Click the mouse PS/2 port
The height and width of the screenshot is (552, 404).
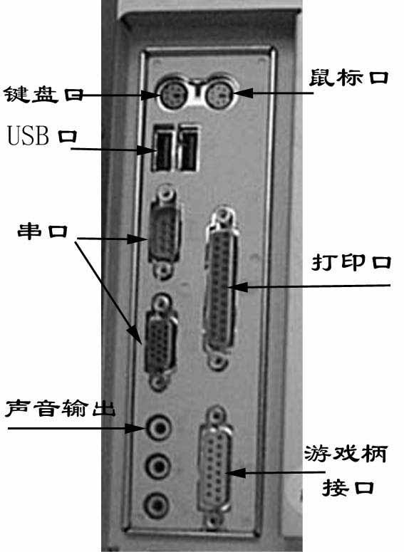pyautogui.click(x=218, y=93)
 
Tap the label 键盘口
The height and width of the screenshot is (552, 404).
pyautogui.click(x=43, y=94)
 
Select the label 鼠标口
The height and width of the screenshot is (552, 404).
pyautogui.click(x=348, y=77)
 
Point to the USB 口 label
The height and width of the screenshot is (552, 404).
pyautogui.click(x=42, y=135)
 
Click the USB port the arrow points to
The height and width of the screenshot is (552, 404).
pyautogui.click(x=162, y=148)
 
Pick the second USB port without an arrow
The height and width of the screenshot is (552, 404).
pyautogui.click(x=188, y=148)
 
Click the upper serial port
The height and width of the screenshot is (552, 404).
pyautogui.click(x=164, y=232)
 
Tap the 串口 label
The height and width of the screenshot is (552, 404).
pyautogui.click(x=42, y=231)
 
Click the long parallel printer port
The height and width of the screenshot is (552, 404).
pyautogui.click(x=220, y=288)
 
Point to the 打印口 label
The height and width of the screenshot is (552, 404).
pyautogui.click(x=351, y=262)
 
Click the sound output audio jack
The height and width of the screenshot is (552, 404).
pyautogui.click(x=158, y=427)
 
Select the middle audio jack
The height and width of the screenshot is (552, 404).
pyautogui.click(x=157, y=467)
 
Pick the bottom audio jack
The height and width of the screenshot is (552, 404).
pyautogui.click(x=157, y=506)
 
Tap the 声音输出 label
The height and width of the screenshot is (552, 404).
pyautogui.click(x=60, y=408)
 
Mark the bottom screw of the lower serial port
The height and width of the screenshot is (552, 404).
pyautogui.click(x=158, y=381)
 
